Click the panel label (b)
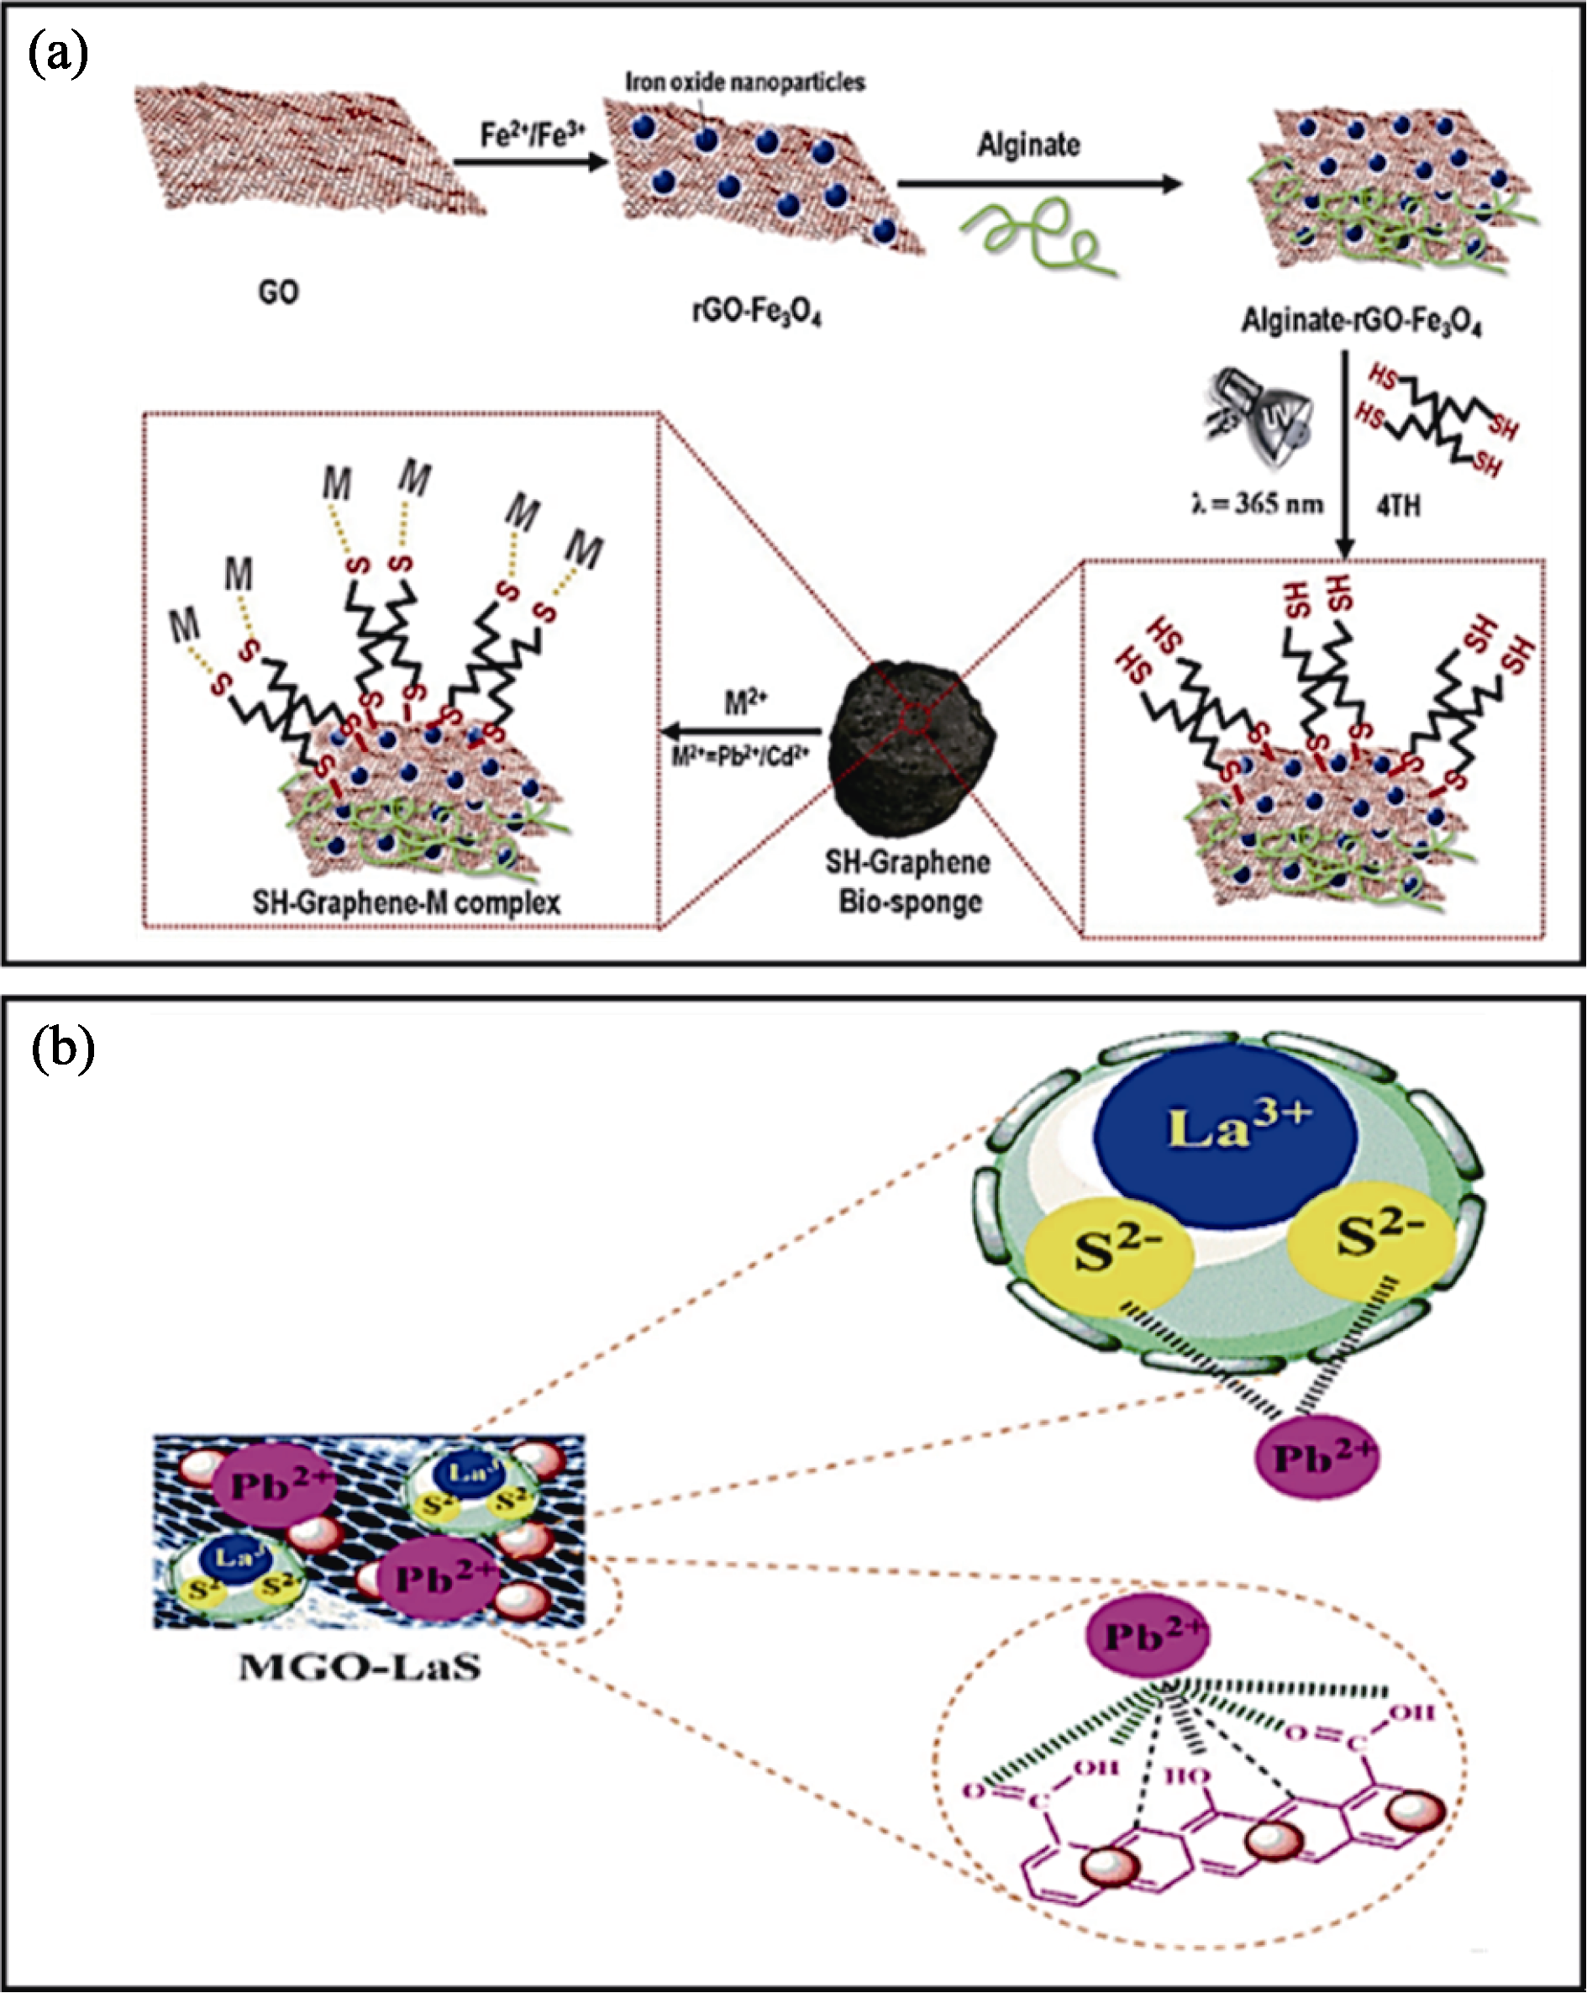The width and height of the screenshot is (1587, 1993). coord(63,1049)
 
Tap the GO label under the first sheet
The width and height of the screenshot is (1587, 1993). coord(278,293)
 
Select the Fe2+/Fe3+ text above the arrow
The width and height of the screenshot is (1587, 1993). coord(533,135)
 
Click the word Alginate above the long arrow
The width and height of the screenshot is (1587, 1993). coord(1028,145)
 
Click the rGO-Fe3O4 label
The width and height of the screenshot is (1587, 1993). coord(757,313)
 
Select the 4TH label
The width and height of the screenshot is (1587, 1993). coord(1399,506)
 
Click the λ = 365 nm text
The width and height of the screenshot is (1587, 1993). coord(1257,505)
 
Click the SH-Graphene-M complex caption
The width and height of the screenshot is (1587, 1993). coord(407,902)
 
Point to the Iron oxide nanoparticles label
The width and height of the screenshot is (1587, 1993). coord(745,82)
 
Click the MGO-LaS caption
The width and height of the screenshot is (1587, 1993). coord(360,1668)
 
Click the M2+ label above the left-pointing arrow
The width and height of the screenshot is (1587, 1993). coord(745,703)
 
